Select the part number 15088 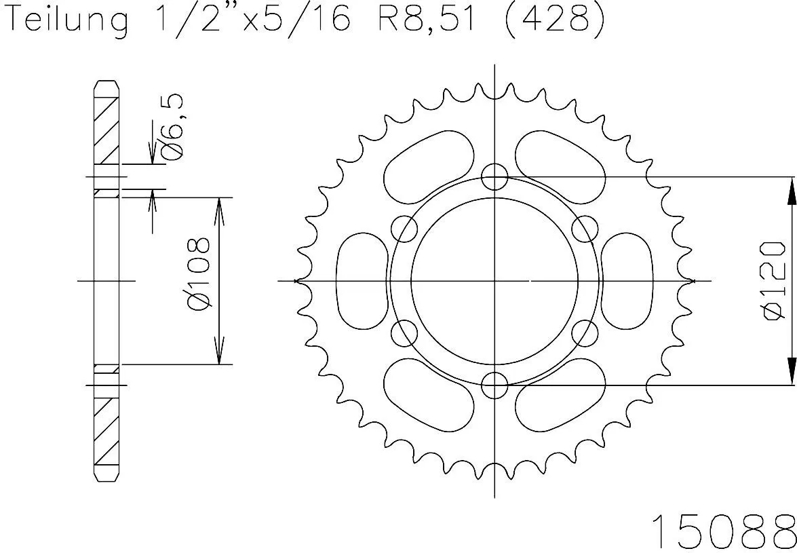(722, 531)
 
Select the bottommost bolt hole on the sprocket (494, 385)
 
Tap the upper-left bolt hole (405, 229)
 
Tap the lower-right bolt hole (585, 333)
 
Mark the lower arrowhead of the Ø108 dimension (219, 353)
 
